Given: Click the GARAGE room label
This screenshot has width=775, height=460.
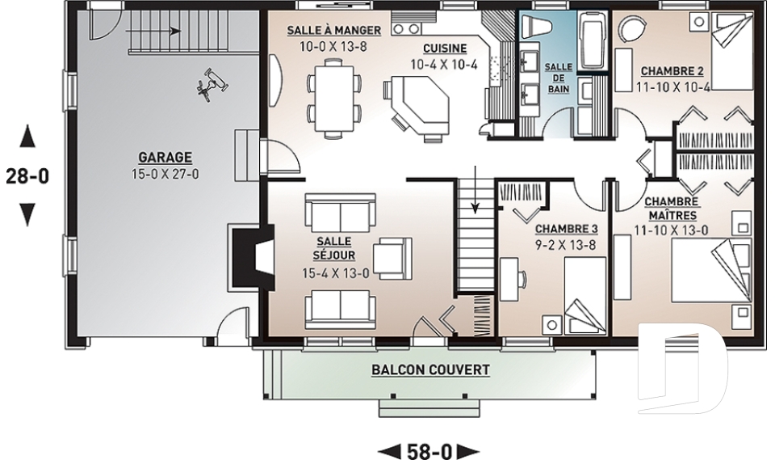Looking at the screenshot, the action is (165, 158).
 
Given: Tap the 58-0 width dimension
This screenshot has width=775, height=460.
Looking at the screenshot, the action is (429, 451).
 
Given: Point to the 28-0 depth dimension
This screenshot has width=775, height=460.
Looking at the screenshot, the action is (27, 176).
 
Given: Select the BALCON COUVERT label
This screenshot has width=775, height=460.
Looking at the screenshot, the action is (430, 370).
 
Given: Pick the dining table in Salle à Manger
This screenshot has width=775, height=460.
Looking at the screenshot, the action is (333, 98).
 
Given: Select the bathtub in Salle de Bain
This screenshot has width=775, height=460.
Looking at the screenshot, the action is (593, 41).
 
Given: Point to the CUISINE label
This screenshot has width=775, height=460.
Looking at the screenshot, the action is (445, 49).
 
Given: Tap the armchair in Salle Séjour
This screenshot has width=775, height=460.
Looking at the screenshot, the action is (392, 257).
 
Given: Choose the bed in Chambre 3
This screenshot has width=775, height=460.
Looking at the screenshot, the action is (585, 296).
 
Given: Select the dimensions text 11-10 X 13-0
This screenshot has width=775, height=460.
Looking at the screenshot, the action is (672, 230).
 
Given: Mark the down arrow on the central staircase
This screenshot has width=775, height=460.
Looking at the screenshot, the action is (475, 189).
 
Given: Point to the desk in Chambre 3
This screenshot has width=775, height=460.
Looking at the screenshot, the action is (509, 279).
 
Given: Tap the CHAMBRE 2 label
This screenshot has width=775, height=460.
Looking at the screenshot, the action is (672, 71).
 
